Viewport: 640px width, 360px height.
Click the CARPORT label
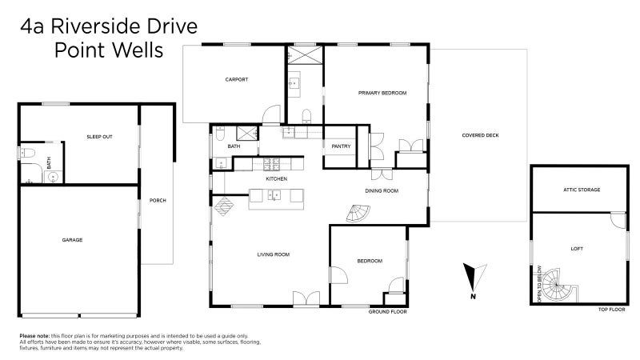click(x=236, y=79)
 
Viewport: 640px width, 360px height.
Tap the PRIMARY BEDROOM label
click(x=382, y=93)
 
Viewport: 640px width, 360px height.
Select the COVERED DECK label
click(x=481, y=135)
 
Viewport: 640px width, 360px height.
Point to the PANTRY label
click(x=342, y=146)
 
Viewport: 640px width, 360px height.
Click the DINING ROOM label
click(x=382, y=190)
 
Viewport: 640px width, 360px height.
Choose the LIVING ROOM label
click(x=274, y=254)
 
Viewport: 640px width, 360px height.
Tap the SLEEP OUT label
click(x=99, y=137)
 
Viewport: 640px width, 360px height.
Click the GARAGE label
click(x=72, y=240)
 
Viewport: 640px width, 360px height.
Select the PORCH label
click(x=158, y=201)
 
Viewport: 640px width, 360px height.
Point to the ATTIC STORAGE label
click(x=582, y=190)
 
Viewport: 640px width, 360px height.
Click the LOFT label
click(x=577, y=249)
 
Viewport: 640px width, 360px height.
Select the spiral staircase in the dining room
click(x=358, y=214)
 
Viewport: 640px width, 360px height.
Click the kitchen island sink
click(x=274, y=195)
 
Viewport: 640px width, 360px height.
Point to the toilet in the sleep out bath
click(x=27, y=153)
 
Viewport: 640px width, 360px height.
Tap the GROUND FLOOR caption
click(x=388, y=312)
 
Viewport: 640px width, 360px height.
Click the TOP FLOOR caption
click(x=611, y=310)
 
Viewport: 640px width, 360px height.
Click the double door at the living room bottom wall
click(x=306, y=298)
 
